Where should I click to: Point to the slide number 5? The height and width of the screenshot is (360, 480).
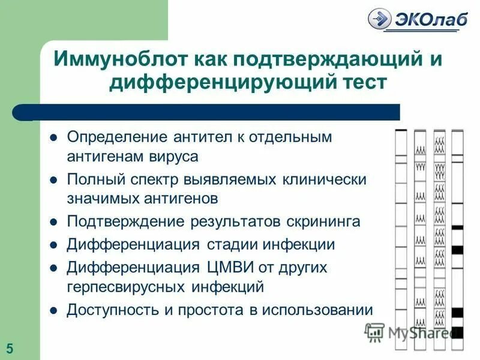(10, 347)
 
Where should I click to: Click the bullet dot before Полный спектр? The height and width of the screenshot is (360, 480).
(53, 179)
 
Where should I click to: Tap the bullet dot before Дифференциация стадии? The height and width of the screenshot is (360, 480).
(53, 245)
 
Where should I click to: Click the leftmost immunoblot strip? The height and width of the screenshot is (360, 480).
(401, 240)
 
